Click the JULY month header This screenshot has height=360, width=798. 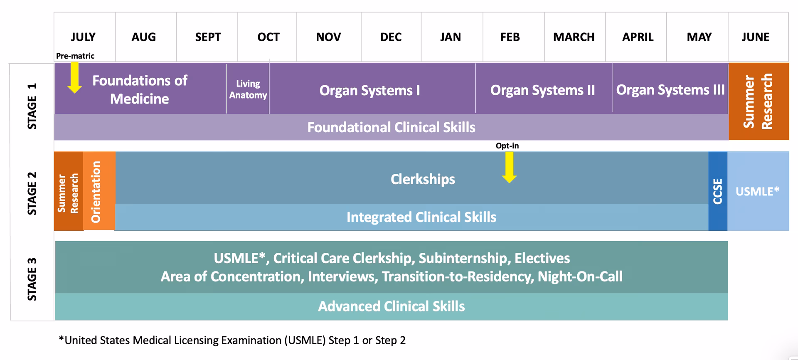84,37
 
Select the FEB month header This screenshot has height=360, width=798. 510,37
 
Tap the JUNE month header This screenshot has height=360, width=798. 756,37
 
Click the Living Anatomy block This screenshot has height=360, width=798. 248,89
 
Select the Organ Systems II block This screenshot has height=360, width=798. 543,90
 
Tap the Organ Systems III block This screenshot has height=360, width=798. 670,90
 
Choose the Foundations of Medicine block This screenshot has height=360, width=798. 140,89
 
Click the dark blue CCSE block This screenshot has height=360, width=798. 718,191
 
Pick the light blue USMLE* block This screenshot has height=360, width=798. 758,192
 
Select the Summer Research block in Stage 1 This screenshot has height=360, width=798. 758,101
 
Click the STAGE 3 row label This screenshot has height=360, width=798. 32,279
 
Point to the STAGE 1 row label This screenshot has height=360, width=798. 32,106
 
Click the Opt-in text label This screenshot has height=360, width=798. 507,146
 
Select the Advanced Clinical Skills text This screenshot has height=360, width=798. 391,306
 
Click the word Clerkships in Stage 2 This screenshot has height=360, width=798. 423,179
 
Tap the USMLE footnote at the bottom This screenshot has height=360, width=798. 232,340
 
